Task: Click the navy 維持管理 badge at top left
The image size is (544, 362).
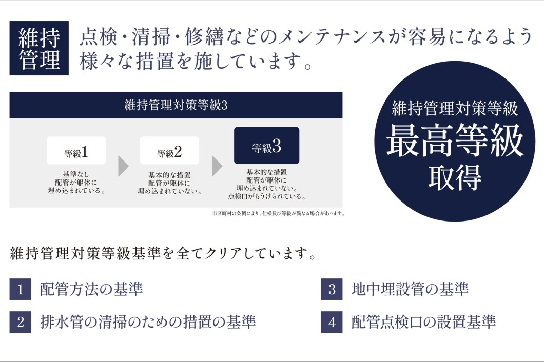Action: [x=39, y=48]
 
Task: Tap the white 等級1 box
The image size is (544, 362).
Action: [x=76, y=150]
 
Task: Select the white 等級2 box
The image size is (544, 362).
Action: [x=169, y=150]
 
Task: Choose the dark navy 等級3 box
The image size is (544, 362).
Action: [x=266, y=146]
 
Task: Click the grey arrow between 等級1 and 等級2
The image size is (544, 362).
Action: [x=123, y=166]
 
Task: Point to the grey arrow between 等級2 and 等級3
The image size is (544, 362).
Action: [x=217, y=166]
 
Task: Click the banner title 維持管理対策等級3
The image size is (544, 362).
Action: [x=176, y=105]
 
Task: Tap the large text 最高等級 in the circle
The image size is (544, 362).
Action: [x=455, y=140]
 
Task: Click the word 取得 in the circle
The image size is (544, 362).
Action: [x=455, y=177]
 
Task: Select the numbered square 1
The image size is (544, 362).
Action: [x=20, y=289]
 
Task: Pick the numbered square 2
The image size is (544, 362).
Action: [x=20, y=322]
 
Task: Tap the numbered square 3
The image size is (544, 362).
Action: [x=332, y=289]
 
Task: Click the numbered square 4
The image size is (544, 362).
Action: [x=332, y=322]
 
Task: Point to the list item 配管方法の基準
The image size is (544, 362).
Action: [x=91, y=289]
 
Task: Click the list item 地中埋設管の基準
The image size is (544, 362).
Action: [x=410, y=289]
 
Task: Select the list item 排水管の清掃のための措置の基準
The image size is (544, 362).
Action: [x=148, y=322]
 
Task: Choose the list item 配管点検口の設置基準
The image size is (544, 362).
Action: [x=423, y=322]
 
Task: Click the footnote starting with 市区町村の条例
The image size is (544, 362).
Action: [x=279, y=214]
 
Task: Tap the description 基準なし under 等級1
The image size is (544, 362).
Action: [x=76, y=174]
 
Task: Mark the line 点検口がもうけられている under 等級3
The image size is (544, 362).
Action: [x=267, y=196]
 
